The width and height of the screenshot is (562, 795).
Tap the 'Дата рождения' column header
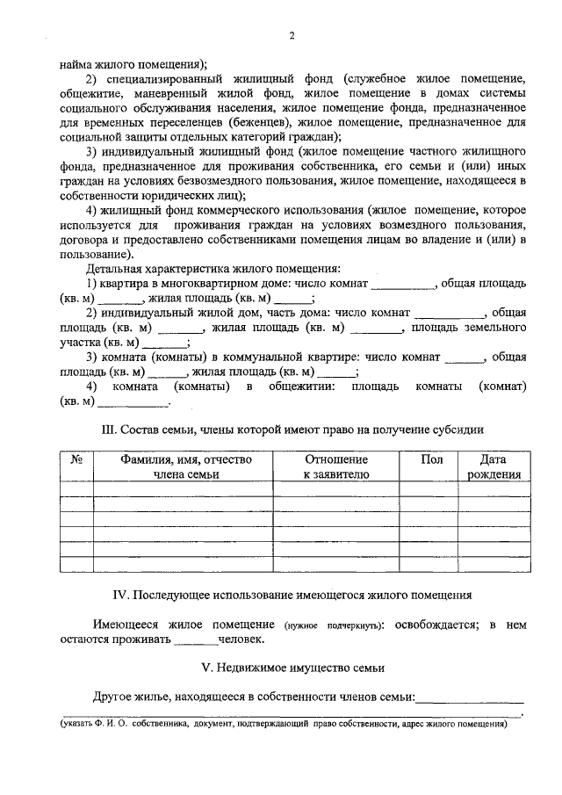pos(494,466)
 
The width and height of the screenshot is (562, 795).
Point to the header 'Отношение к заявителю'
pos(336,466)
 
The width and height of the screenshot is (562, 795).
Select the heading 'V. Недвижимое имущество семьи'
pos(292,667)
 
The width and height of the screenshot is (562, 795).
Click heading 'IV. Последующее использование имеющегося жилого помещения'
pos(292,595)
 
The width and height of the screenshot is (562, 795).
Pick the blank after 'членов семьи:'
pos(470,697)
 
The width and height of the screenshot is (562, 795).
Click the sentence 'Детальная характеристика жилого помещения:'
pos(213,267)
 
